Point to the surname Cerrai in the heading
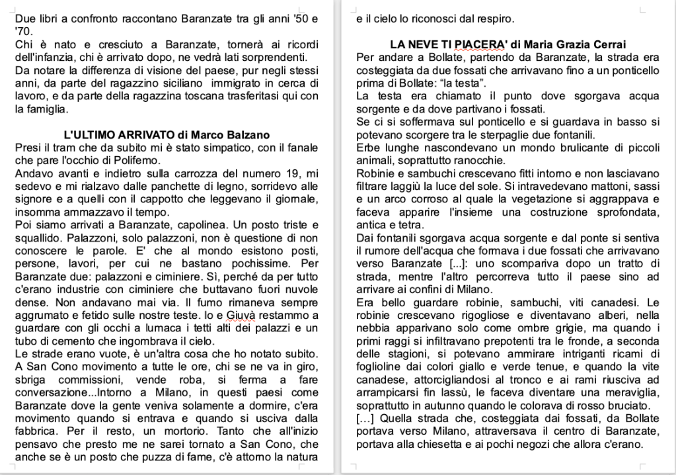[x=605, y=45]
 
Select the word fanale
[x=300, y=148]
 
